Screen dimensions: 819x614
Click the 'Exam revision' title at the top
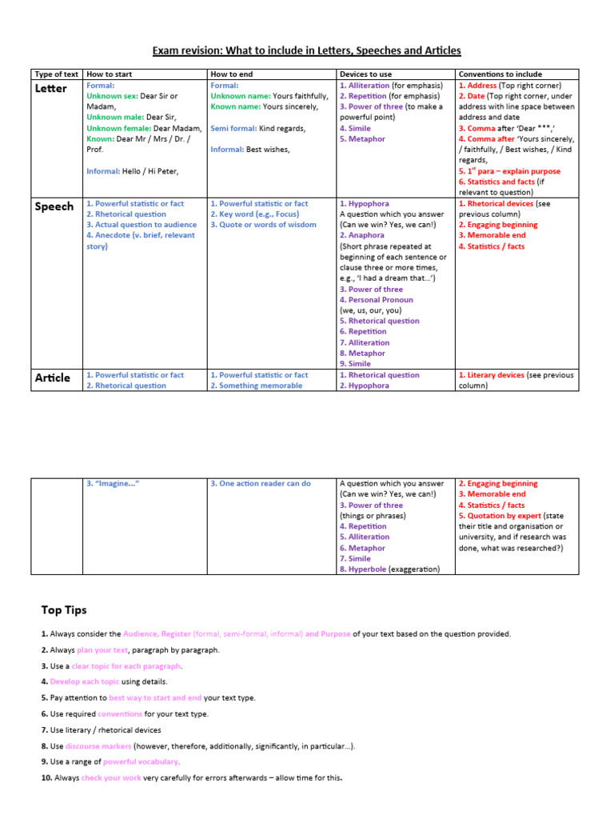[x=307, y=50]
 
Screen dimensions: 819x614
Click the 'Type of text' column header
[x=56, y=74]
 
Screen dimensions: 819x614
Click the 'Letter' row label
[x=51, y=88]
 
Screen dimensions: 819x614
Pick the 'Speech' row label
[x=54, y=206]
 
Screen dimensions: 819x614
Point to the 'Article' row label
[x=53, y=378]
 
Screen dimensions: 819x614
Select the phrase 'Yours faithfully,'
[x=301, y=96]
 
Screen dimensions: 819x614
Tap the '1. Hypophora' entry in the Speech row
[x=365, y=204]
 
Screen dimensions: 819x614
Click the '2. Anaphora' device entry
[x=362, y=236]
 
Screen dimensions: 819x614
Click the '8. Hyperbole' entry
[x=368, y=569]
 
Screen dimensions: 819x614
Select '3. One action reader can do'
[x=261, y=484]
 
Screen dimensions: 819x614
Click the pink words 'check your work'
[x=111, y=778]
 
